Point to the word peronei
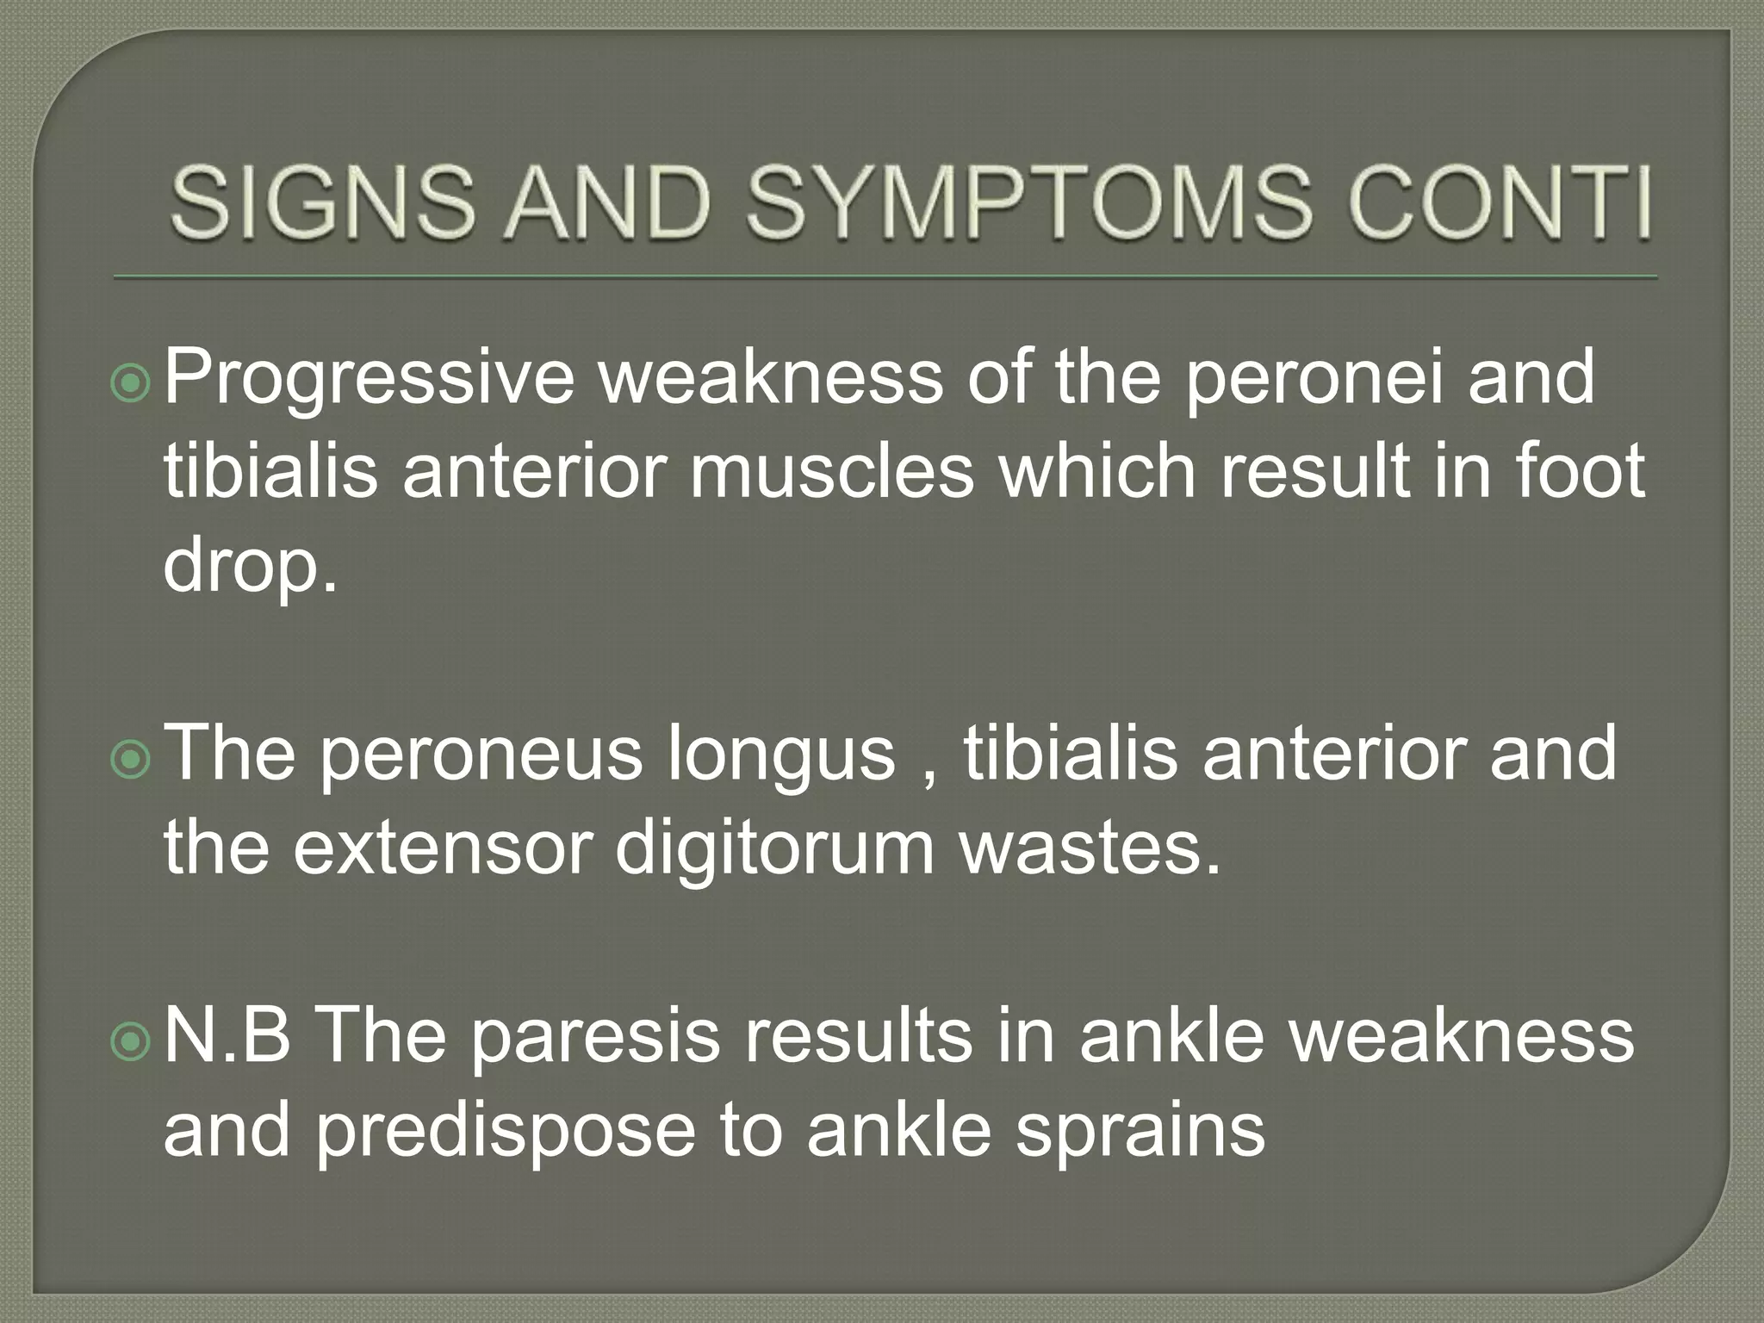(1313, 377)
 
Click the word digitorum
(775, 848)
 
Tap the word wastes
(1090, 848)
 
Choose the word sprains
(1140, 1131)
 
